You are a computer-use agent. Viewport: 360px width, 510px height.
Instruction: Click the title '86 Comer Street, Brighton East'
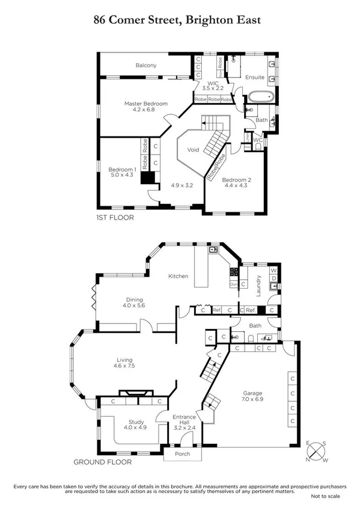coord(177,20)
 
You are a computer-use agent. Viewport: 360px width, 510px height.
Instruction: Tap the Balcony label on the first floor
coord(145,65)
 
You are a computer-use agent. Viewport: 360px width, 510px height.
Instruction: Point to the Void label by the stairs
coord(193,149)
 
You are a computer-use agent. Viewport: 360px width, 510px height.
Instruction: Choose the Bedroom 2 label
coord(235,180)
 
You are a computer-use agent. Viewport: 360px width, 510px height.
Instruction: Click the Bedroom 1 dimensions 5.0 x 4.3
coord(122,175)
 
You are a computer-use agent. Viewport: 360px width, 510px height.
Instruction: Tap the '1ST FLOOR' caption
coord(115,217)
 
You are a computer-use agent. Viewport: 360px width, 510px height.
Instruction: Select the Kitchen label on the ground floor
coord(178,276)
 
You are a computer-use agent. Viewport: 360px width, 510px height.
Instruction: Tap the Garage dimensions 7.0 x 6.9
coord(252,399)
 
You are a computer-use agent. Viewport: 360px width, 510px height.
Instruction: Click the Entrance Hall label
coord(185,420)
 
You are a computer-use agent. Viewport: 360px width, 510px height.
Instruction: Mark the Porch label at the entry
coord(182,453)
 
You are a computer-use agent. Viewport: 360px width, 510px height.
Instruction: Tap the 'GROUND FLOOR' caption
coord(99,462)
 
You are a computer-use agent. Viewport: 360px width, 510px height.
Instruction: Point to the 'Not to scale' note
coord(325,496)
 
